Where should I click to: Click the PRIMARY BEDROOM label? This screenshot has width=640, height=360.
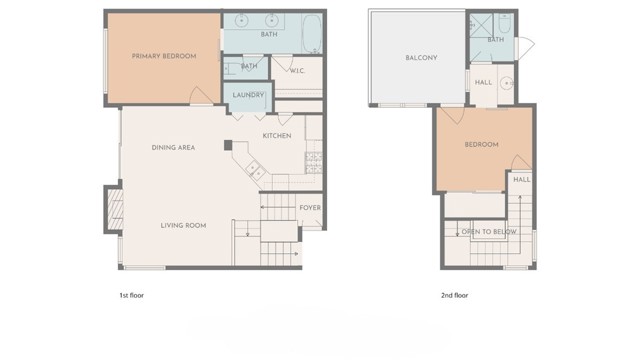coord(164,56)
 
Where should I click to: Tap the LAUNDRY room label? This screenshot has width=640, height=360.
coord(248,95)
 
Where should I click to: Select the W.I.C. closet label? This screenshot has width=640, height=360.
coord(297,70)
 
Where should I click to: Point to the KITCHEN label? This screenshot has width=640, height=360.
coord(277,135)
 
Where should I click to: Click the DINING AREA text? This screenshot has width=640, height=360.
coord(173,147)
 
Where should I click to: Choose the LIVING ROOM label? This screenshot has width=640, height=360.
coord(183,225)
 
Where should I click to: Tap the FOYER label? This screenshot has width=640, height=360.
coord(310,208)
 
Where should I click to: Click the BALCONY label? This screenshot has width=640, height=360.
coord(421,57)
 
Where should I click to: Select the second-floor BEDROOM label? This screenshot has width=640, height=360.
coord(481,145)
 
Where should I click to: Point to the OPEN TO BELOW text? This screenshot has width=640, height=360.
coord(489,231)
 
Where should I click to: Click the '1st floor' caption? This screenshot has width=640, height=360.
coord(131,295)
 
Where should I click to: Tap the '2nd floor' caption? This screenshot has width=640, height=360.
coord(455,295)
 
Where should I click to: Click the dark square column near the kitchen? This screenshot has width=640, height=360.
coord(228,145)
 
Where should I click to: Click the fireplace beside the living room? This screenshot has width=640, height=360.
coord(112,208)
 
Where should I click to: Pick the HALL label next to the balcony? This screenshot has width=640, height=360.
coord(483,83)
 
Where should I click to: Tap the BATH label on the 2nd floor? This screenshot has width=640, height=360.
coord(496,40)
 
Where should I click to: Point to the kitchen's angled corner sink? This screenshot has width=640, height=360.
coord(255,173)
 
